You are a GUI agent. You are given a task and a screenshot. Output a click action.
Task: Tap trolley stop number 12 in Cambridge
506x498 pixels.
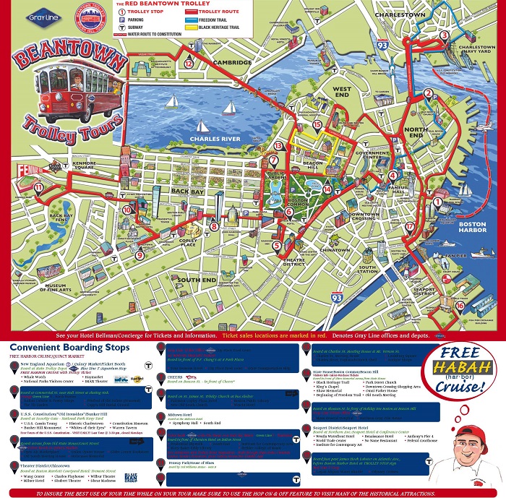(188, 63)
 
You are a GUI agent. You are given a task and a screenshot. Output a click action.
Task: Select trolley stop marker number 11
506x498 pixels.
(38, 188)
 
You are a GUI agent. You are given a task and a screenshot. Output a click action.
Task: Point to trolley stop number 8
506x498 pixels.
(215, 226)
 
